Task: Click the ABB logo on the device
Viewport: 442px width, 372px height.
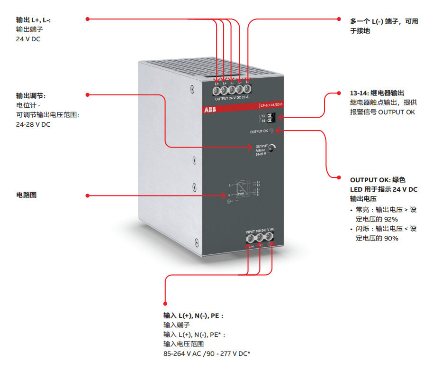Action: click(209, 110)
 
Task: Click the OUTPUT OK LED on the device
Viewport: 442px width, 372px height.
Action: click(271, 130)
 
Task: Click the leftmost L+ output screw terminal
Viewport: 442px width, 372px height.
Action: click(216, 89)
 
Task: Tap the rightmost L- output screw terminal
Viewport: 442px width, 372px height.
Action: click(247, 89)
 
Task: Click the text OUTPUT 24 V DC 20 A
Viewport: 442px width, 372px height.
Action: click(232, 99)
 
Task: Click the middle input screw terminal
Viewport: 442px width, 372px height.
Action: click(260, 238)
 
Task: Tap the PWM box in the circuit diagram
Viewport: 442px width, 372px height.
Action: click(240, 194)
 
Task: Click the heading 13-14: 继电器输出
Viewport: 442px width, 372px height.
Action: click(377, 93)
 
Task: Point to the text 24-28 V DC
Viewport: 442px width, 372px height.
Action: click(33, 124)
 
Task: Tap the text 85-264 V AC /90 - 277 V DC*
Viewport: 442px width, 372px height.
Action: click(207, 353)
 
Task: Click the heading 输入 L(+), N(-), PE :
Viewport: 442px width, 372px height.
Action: click(193, 315)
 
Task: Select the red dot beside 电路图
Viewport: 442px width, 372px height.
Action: click(88, 195)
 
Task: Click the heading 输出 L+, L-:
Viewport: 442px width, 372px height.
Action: click(33, 20)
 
